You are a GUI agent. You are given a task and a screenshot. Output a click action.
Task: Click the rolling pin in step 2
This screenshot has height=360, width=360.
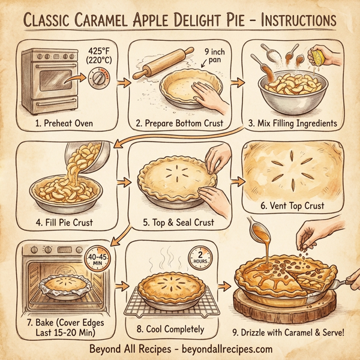coord(157,65)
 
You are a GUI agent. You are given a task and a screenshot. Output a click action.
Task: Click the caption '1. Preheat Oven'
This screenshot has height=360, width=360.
coord(60,124)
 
